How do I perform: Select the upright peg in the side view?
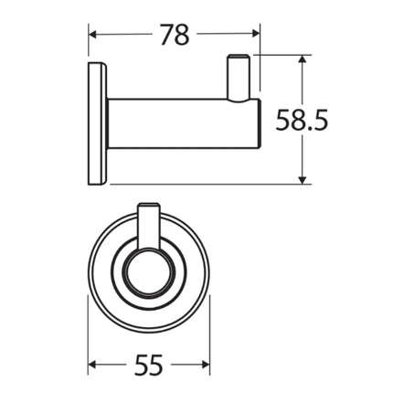click(239, 77)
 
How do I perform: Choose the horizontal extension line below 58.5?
click(210, 183)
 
